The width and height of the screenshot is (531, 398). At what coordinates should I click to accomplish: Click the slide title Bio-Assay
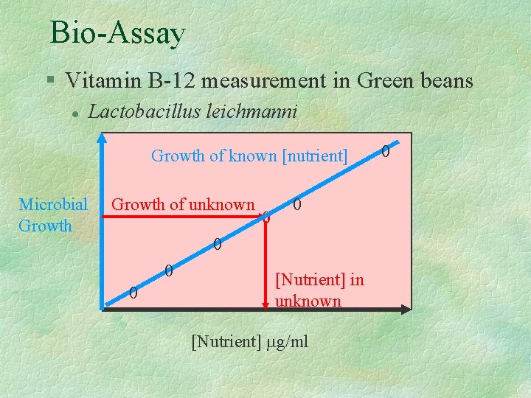point(117,34)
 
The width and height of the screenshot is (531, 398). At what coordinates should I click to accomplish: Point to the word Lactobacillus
point(135,112)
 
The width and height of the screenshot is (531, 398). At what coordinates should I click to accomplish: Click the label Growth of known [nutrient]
point(249,156)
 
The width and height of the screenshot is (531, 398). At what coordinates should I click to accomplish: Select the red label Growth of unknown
point(183,205)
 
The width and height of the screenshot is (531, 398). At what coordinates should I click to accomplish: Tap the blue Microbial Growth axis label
point(52,214)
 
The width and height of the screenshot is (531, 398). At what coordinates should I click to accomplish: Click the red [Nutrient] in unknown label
point(319,290)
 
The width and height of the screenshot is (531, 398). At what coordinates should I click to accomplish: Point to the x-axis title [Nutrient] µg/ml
point(249,341)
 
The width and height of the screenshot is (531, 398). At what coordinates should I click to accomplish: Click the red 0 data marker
point(266,219)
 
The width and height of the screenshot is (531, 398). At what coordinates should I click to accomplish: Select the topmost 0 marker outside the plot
point(386,151)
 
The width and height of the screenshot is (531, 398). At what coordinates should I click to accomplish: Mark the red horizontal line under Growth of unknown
point(184,216)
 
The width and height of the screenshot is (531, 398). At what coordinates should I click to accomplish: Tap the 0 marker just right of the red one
point(296,204)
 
